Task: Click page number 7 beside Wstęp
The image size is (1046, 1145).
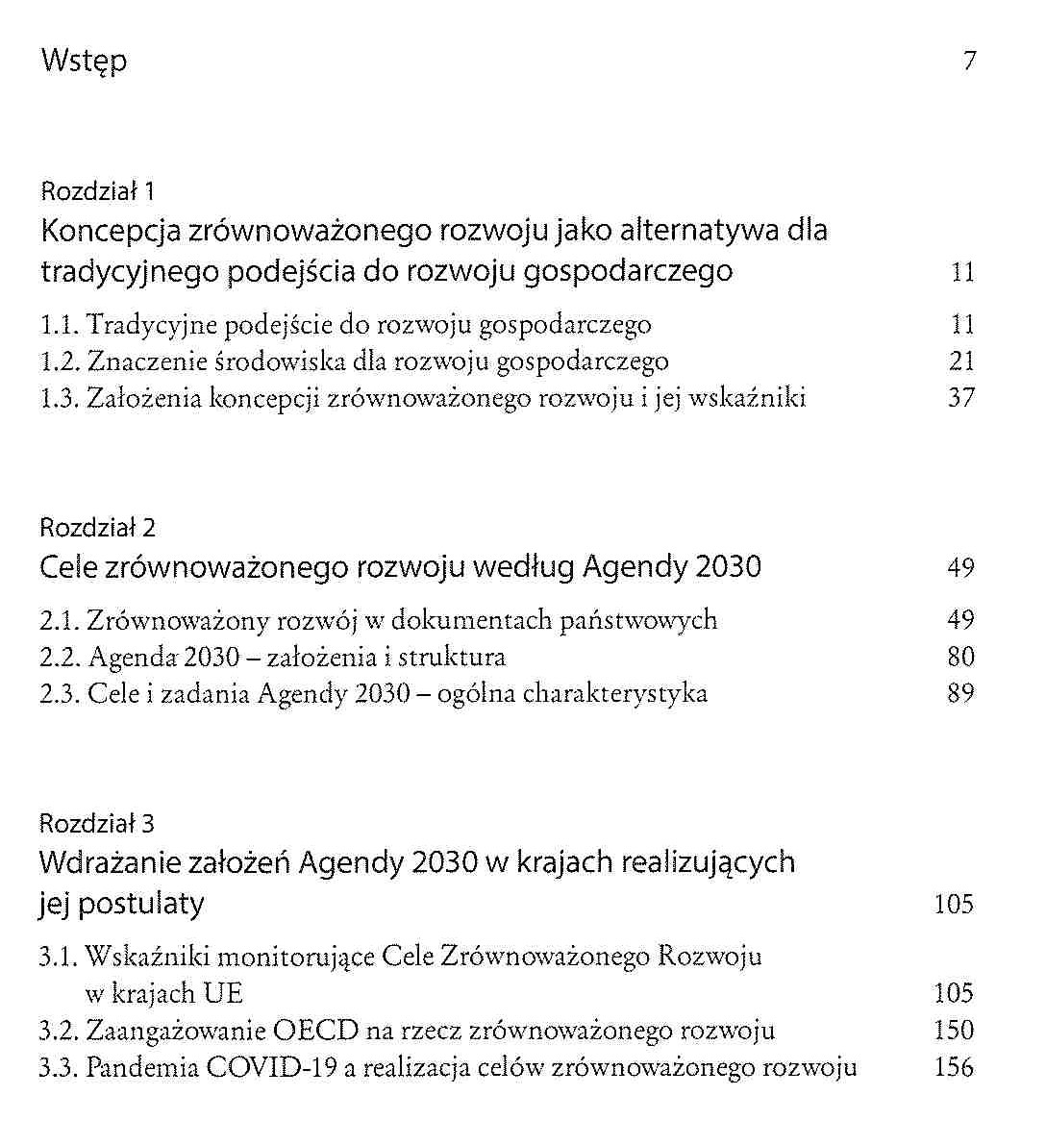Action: click(969, 62)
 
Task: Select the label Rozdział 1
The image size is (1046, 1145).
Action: click(97, 190)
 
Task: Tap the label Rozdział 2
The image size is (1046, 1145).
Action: click(97, 527)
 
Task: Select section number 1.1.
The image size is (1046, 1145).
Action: click(60, 325)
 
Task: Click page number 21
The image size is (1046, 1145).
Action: click(961, 361)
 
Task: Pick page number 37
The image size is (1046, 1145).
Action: click(961, 398)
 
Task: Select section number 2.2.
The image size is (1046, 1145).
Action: click(60, 658)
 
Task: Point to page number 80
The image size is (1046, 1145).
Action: click(961, 658)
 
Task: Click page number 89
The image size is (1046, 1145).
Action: click(961, 693)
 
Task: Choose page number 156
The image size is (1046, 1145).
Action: click(954, 1068)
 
